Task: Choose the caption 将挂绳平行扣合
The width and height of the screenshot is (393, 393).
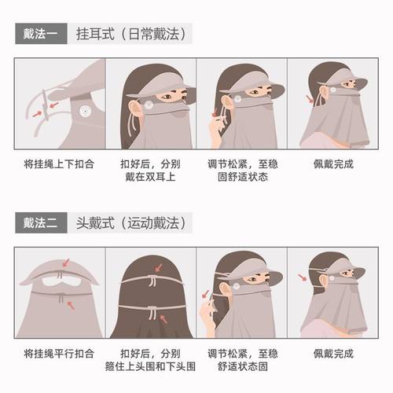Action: (57, 354)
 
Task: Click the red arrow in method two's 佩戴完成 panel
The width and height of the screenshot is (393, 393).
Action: (305, 277)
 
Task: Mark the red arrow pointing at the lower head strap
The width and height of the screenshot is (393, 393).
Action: (163, 317)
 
